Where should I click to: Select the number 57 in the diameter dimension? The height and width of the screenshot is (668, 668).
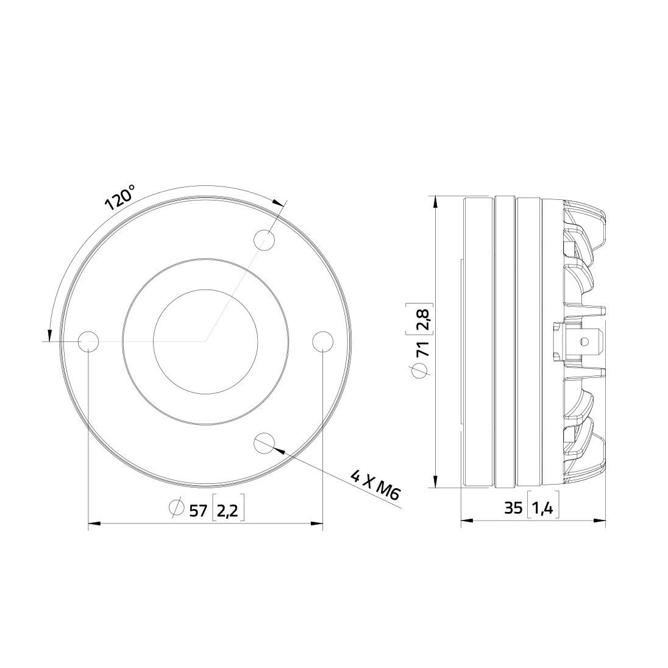point(198,510)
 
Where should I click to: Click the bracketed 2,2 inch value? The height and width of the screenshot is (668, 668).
point(227,510)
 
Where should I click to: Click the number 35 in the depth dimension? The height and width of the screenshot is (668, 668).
point(513,508)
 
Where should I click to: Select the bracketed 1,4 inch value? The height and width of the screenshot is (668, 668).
point(542,508)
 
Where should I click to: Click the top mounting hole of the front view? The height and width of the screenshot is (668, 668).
point(264,240)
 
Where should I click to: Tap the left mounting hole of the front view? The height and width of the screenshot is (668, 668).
point(89,341)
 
